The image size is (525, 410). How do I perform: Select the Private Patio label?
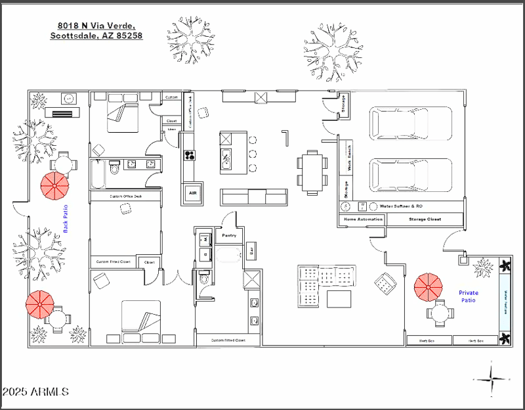click(468, 296)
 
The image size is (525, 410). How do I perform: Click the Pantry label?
click(228, 235)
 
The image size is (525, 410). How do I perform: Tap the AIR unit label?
click(193, 193)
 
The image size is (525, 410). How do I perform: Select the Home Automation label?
click(360, 219)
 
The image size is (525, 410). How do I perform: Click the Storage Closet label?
click(425, 219)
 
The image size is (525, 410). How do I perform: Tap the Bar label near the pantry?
click(250, 250)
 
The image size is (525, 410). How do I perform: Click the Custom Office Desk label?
click(125, 196)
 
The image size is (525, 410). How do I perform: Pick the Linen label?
click(172, 129)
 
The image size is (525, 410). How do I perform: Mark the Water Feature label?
click(505, 302)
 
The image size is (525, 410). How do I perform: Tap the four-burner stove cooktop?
click(190, 156)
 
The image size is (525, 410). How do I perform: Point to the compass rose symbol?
click(491, 379)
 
